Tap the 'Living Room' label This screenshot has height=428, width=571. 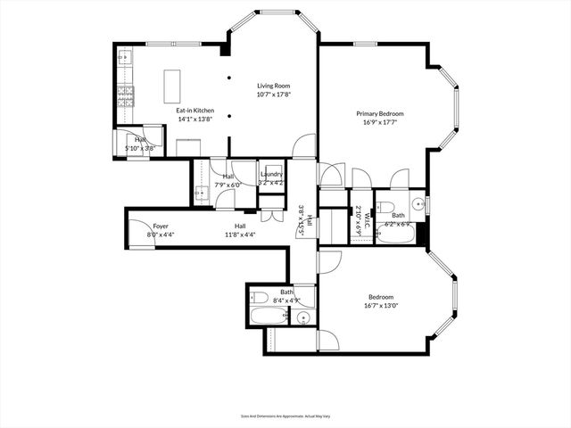coord(275,86)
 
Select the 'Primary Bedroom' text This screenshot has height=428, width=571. coord(380,113)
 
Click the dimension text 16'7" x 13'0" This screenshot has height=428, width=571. coord(381,305)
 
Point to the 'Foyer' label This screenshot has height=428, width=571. coord(161,226)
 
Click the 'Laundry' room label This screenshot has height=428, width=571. coord(271,175)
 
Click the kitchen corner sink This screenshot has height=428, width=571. coord(125,56)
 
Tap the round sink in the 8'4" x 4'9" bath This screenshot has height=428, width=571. coord(304,317)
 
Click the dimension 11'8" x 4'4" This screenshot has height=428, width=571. coord(240,235)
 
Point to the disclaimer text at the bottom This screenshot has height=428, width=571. coord(285,416)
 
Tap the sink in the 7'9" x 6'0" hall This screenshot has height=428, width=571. coord(201,192)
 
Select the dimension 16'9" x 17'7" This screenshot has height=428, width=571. coord(380,122)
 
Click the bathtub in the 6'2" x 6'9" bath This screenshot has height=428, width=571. coord(393,235)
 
